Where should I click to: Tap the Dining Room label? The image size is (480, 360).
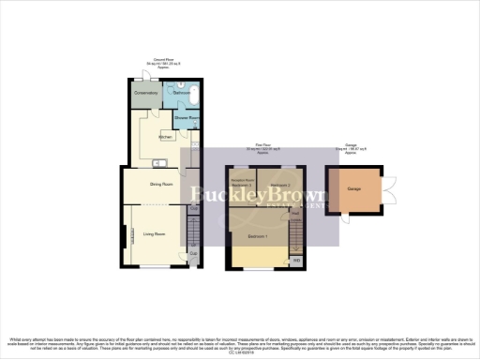[x=161, y=184]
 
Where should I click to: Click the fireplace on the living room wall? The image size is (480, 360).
[x=122, y=239]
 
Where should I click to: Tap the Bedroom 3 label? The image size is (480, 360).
[x=242, y=185]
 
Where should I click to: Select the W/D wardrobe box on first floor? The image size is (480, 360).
[x=296, y=260]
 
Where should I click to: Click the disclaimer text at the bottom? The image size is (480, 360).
[x=240, y=343]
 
